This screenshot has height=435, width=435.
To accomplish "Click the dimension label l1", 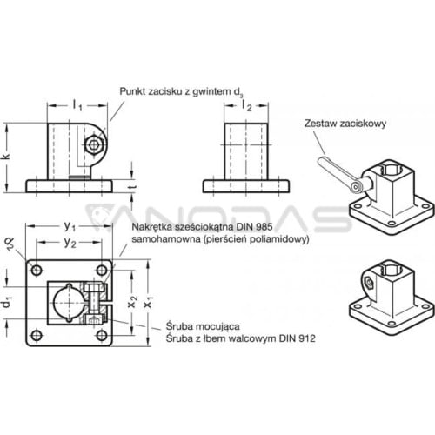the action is [77, 105].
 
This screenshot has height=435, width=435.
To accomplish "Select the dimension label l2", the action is [246, 105].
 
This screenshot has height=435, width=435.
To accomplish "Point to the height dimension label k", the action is [6, 156].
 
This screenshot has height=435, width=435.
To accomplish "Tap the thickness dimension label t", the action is [132, 186].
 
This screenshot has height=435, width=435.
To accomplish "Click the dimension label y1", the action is [70, 226].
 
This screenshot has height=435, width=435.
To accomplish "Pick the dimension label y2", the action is [70, 243].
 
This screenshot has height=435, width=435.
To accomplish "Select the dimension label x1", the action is [149, 303].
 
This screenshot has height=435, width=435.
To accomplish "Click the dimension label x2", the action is [132, 302].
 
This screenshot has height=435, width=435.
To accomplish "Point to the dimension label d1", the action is [6, 303].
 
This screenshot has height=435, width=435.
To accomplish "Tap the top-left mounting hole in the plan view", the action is [37, 271].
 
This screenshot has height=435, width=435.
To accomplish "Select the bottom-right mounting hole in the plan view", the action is [102, 336].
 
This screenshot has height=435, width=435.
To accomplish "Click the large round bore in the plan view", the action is [69, 303].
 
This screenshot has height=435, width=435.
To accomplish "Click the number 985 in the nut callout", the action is [264, 227].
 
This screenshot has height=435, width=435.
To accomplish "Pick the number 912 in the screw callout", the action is [307, 338].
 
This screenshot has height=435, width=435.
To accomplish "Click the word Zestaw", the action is [320, 124].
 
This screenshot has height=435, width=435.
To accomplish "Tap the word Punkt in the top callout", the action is [132, 91].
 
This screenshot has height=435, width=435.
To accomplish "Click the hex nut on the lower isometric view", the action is [369, 282].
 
